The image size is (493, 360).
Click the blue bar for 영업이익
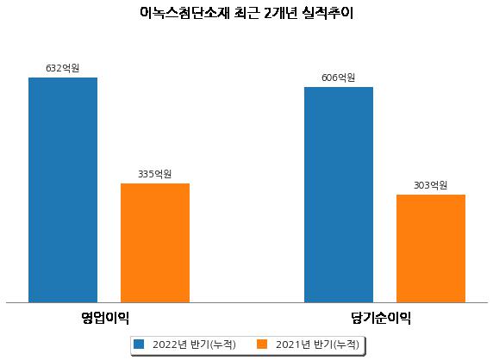63,190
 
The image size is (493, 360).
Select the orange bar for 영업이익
155,243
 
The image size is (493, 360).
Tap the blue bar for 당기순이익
339,195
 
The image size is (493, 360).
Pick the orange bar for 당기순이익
431,249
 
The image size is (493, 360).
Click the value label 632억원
63,68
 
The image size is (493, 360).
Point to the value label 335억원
154,174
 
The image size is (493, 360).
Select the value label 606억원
339,78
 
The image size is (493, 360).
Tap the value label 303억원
430,185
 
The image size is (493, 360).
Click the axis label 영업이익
105,318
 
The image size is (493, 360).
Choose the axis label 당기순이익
381,318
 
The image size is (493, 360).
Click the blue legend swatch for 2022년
139,344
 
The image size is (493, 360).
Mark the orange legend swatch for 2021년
262,344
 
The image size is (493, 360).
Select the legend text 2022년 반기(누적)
194,344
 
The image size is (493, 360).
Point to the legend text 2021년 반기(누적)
317,344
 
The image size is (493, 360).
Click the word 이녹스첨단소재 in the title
184,13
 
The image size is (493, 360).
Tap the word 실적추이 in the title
327,13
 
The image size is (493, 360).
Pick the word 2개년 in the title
280,13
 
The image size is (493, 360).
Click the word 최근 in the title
246,13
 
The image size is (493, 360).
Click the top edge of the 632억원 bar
63,78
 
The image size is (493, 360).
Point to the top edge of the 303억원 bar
431,196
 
